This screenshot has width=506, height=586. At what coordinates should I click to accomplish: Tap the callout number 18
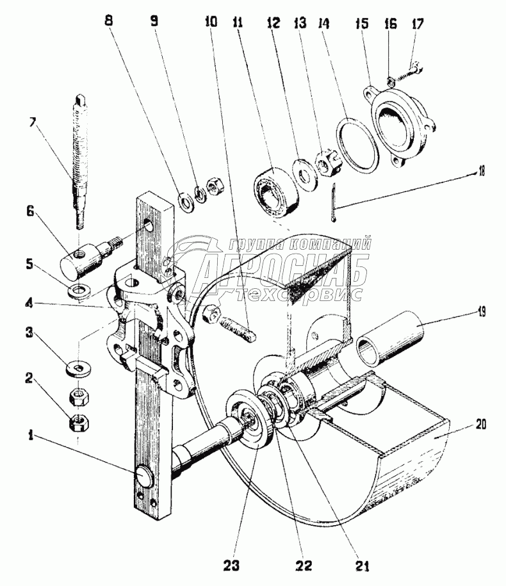click(x=481, y=172)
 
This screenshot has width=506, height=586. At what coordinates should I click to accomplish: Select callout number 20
click(x=480, y=425)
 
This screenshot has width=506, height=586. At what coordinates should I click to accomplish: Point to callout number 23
click(x=231, y=566)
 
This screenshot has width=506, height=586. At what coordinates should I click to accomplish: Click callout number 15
click(x=361, y=24)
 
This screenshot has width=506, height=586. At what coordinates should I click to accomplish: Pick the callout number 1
click(x=31, y=435)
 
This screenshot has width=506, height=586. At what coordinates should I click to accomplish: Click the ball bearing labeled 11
click(x=277, y=191)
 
